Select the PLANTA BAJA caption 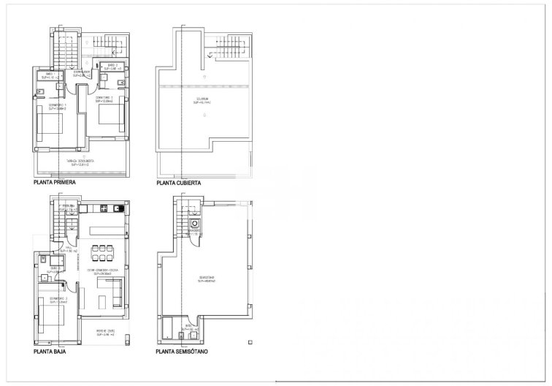[x=50, y=352]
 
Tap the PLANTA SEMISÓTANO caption [x=183, y=352]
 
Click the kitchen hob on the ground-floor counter [x=104, y=209]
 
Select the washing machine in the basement [x=195, y=225]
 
